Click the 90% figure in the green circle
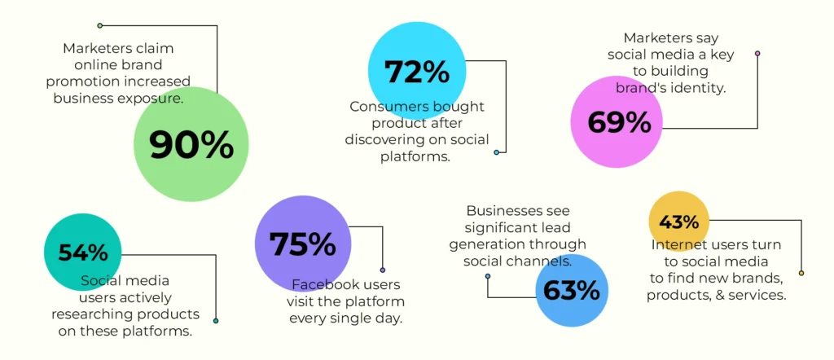[x=191, y=145]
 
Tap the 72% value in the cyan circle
[x=417, y=72]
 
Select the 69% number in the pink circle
[x=619, y=122]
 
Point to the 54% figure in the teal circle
[x=83, y=252]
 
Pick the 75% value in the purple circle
[x=302, y=244]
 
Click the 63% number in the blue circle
[x=571, y=290]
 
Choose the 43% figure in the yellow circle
[x=678, y=222]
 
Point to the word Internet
[x=674, y=245]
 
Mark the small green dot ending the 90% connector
[x=100, y=25]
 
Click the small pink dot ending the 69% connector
[x=757, y=53]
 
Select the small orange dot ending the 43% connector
[x=801, y=274]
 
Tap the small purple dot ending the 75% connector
[x=383, y=270]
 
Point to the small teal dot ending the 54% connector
[x=215, y=321]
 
